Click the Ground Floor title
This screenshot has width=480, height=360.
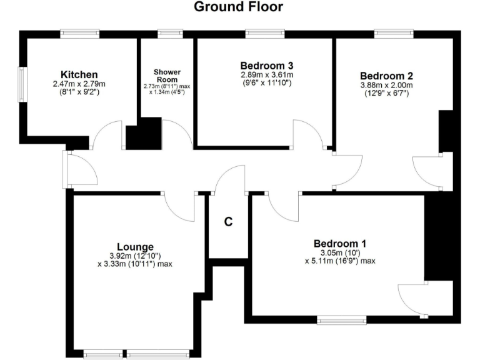(238, 7)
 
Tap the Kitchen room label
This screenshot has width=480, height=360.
(79, 75)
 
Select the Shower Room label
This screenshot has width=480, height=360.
(167, 75)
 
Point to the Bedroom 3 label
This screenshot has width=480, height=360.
(267, 65)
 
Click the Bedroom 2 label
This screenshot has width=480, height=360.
(386, 75)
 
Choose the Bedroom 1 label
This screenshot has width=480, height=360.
(340, 243)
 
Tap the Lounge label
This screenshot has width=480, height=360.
(135, 246)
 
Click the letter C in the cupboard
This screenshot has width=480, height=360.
(228, 221)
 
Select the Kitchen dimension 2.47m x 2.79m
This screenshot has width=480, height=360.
(79, 84)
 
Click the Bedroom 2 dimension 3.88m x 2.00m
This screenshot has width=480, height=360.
(386, 85)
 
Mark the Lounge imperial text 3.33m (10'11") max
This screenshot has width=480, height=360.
(135, 264)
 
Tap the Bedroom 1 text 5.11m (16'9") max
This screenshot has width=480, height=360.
(340, 261)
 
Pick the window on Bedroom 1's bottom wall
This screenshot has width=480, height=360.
(341, 321)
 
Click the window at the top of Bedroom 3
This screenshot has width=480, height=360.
(265, 34)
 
